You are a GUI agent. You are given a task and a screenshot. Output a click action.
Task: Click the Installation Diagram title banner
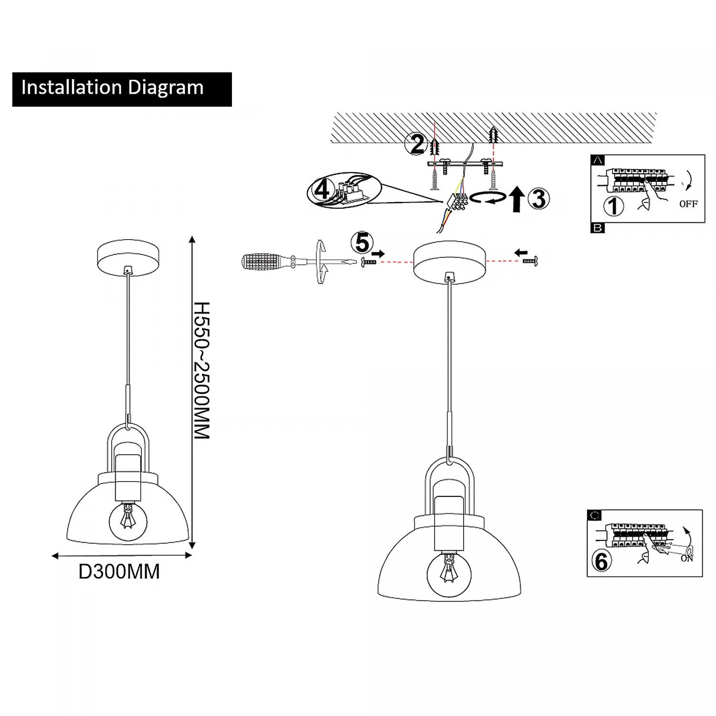pyautogui.click(x=122, y=89)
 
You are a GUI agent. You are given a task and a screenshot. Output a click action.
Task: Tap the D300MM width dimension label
pyautogui.click(x=119, y=571)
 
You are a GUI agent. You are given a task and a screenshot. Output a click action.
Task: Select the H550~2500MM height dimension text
pyautogui.click(x=201, y=370)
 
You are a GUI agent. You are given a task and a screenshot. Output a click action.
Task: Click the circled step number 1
pyautogui.click(x=614, y=206)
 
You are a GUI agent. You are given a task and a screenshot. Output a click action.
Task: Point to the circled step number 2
pyautogui.click(x=417, y=144)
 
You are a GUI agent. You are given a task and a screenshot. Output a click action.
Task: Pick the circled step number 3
pyautogui.click(x=539, y=199)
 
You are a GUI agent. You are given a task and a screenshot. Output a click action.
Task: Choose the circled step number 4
pyautogui.click(x=322, y=190)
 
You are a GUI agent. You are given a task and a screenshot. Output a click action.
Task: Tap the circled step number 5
pyautogui.click(x=362, y=242)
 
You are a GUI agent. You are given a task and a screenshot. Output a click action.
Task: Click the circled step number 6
pyautogui.click(x=602, y=561)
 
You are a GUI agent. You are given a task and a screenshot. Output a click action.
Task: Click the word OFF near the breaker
pyautogui.click(x=688, y=204)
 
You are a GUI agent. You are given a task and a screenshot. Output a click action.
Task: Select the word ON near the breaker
pyautogui.click(x=687, y=558)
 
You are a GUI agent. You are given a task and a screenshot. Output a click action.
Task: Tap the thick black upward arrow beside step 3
pyautogui.click(x=516, y=199)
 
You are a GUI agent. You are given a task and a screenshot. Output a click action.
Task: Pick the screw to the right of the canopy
pyautogui.click(x=530, y=261)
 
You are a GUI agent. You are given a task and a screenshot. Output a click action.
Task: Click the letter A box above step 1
pyautogui.click(x=598, y=160)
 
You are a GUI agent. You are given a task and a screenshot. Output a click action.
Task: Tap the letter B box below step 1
pyautogui.click(x=598, y=228)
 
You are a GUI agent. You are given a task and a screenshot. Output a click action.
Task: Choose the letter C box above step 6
pyautogui.click(x=594, y=515)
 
